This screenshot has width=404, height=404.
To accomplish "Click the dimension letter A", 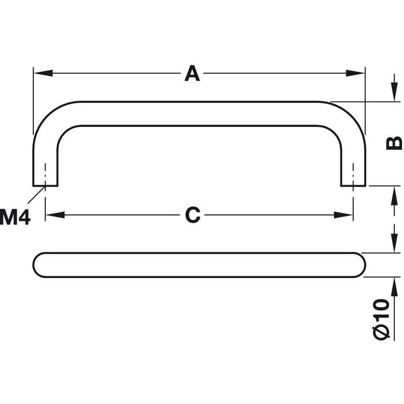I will pyautogui.click(x=192, y=74).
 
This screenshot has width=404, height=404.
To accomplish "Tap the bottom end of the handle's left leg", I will pyautogui.click(x=45, y=185).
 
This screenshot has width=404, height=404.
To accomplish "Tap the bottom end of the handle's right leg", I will pyautogui.click(x=353, y=185).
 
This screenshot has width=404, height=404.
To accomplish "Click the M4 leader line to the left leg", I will pyautogui.click(x=38, y=196).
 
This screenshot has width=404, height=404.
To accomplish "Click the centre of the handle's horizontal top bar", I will pyautogui.click(x=199, y=114).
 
